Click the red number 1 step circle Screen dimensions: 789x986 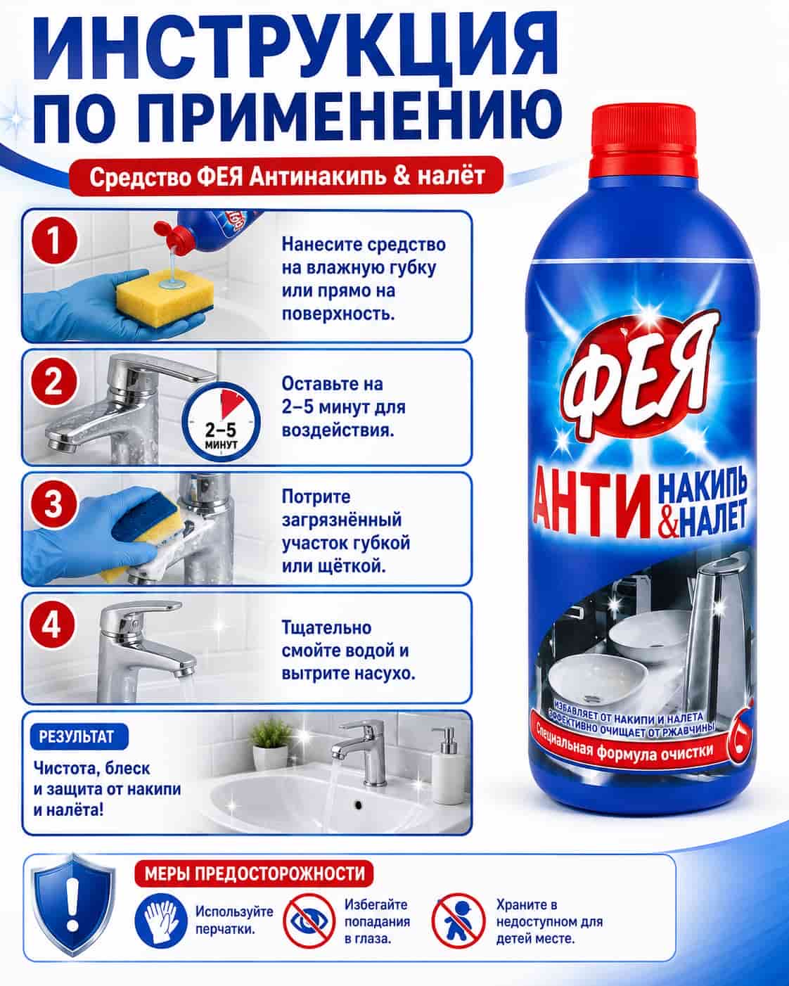click(x=54, y=241)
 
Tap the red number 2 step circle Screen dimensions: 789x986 click(x=53, y=383)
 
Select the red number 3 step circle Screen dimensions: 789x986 click(x=53, y=504)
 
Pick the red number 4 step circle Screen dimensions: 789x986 click(x=51, y=625)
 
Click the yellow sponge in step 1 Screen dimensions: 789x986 click(x=165, y=297)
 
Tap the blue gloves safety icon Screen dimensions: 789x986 click(x=161, y=921)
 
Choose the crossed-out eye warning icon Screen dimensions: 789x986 click(x=309, y=921)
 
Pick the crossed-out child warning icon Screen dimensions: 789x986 click(x=458, y=921)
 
